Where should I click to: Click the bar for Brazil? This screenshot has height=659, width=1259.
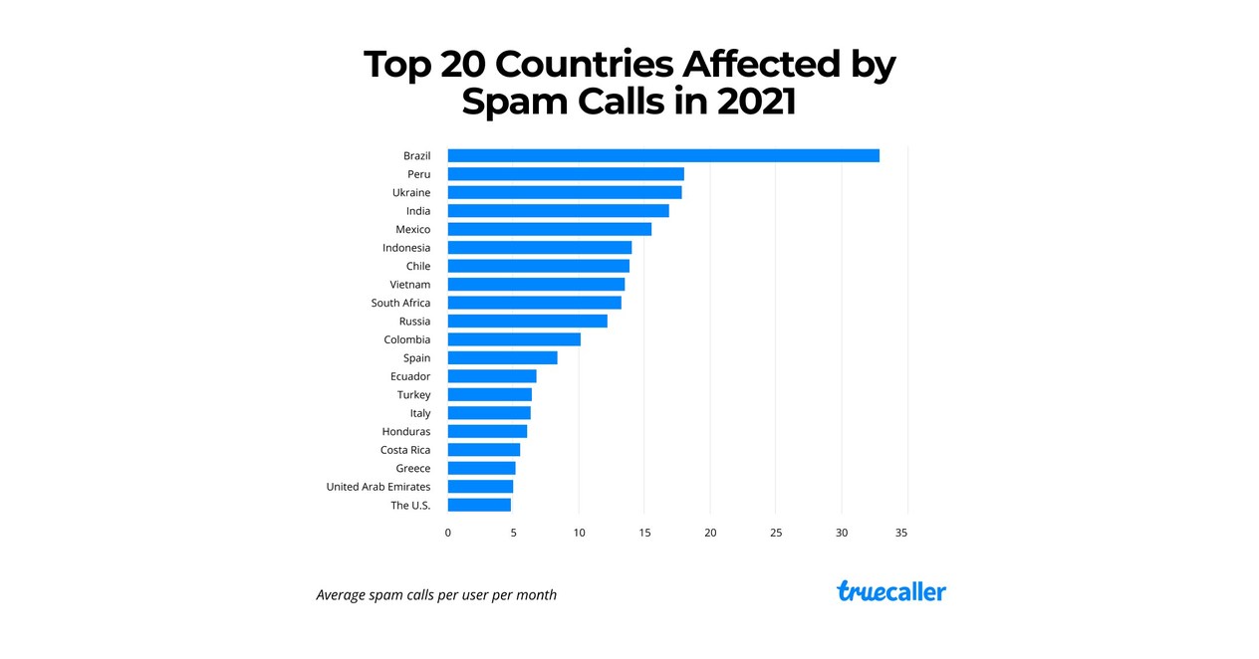(x=663, y=155)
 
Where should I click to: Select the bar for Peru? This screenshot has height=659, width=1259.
(x=566, y=174)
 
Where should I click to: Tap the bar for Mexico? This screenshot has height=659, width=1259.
(x=550, y=229)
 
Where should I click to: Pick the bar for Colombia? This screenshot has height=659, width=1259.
(x=514, y=339)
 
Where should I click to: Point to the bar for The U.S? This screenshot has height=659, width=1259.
(x=479, y=505)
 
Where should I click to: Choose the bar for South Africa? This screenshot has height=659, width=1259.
(x=535, y=303)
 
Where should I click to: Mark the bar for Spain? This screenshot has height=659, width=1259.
(x=503, y=357)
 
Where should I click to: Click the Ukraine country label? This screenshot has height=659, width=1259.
(x=411, y=192)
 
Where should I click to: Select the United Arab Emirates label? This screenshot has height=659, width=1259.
(x=378, y=487)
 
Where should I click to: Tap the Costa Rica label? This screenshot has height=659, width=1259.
(x=405, y=450)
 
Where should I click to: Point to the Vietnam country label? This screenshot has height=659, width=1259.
(x=410, y=285)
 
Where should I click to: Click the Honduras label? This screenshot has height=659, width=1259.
(x=406, y=431)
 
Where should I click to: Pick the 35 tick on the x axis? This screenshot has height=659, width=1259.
(x=901, y=533)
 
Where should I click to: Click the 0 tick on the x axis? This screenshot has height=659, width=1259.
(x=448, y=533)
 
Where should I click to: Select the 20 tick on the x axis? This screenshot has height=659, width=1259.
(x=710, y=533)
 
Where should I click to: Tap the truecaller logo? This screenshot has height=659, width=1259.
(x=891, y=591)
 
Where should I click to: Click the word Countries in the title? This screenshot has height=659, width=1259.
(x=583, y=65)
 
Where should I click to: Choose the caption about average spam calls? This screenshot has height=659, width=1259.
(x=436, y=595)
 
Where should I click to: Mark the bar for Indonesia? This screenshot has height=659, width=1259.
(x=540, y=248)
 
